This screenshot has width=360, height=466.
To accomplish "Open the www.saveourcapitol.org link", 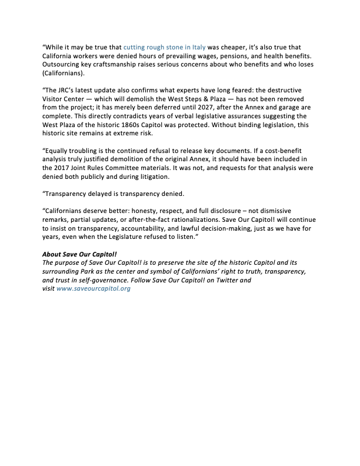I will coord(93,289).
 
